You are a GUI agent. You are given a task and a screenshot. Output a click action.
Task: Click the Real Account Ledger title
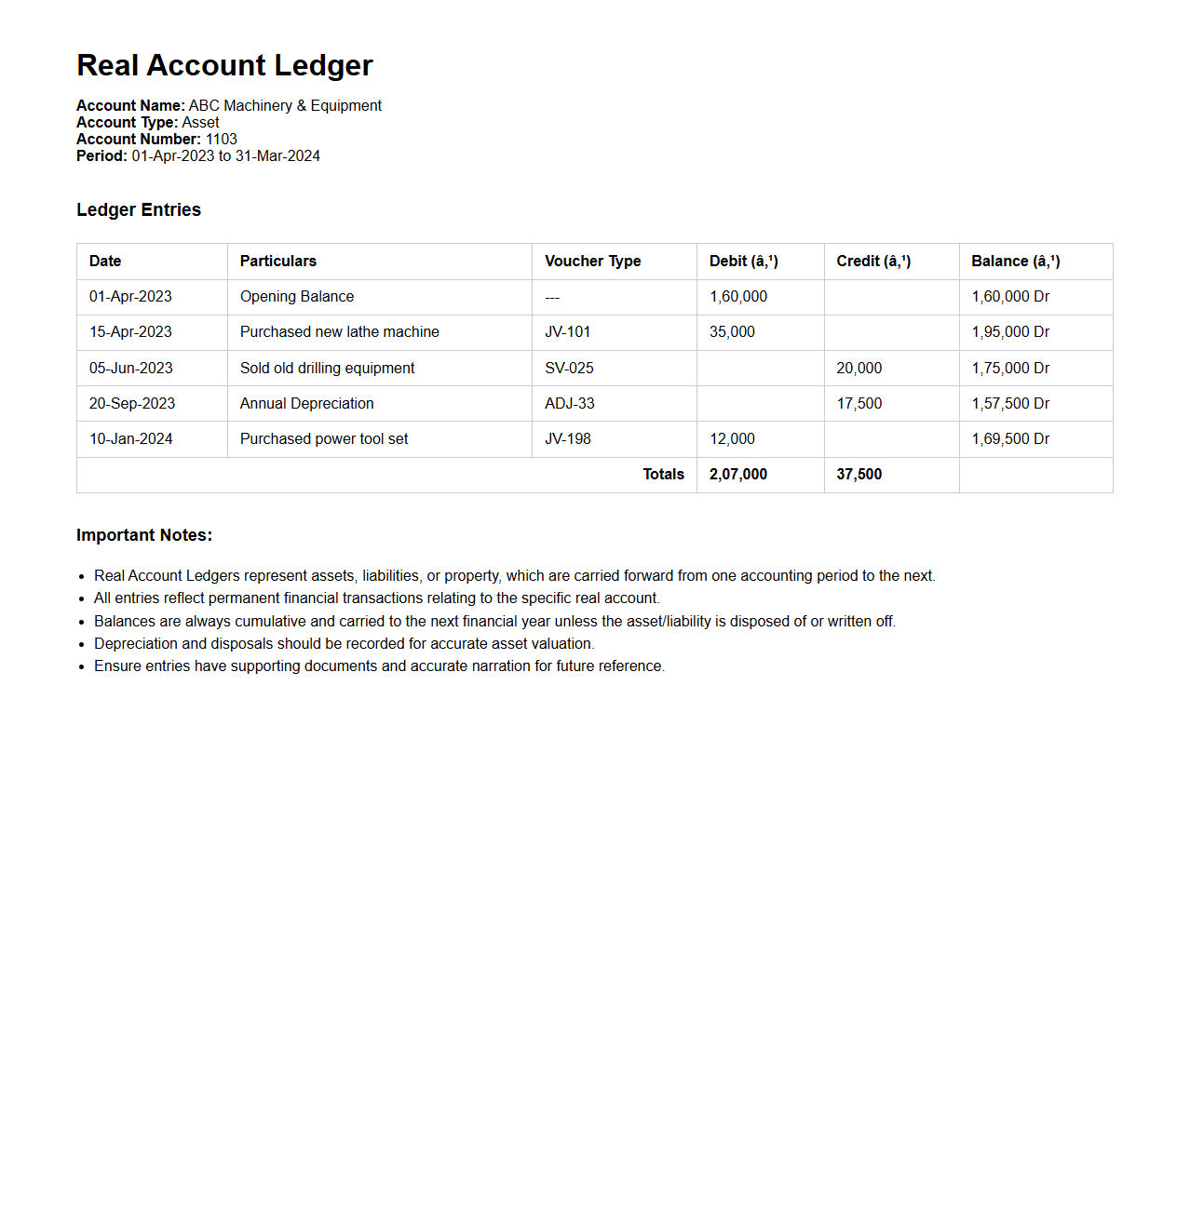[x=224, y=65]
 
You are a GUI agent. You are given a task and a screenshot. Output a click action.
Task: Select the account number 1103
[x=222, y=139]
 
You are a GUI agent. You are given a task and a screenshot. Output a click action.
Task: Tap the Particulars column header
[x=277, y=261]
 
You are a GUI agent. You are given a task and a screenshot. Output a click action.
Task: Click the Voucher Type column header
[x=592, y=261]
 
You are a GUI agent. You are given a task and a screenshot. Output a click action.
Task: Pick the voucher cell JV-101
[x=567, y=332]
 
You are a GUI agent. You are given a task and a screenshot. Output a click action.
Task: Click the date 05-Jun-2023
[x=131, y=368]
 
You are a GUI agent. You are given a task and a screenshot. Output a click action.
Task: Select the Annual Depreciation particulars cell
[x=306, y=403]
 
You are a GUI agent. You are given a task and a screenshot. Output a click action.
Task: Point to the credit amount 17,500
[x=859, y=403]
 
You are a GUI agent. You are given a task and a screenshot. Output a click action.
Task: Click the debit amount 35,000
[x=732, y=332]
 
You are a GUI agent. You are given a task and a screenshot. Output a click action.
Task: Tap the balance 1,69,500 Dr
[x=1010, y=438]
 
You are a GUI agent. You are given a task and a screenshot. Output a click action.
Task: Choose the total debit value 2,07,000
[x=738, y=474]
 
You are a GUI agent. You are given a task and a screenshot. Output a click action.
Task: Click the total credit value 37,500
[x=859, y=474]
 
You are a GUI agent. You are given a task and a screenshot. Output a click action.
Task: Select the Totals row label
[x=663, y=474]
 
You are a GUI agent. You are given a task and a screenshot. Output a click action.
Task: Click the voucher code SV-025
[x=569, y=368]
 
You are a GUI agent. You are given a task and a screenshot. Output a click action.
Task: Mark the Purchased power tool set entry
[x=324, y=438]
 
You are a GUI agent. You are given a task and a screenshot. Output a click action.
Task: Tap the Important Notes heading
[x=144, y=535]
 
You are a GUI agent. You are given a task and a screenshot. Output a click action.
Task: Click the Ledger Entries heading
[x=139, y=209]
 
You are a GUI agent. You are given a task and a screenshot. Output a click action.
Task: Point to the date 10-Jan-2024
[x=131, y=438]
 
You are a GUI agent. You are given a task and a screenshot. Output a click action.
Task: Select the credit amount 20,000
[x=859, y=368]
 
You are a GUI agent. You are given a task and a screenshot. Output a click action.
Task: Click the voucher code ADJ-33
[x=569, y=403]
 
